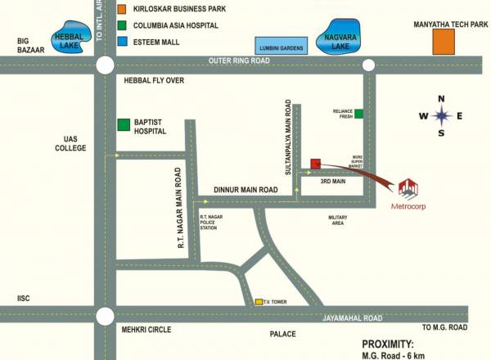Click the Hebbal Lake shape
(65, 38)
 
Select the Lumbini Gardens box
(280, 46)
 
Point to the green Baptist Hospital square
(123, 124)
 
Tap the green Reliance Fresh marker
(358, 113)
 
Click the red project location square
(315, 163)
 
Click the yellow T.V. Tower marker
(259, 302)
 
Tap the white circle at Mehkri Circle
(105, 316)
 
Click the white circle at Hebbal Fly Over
(105, 66)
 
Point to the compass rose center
(441, 115)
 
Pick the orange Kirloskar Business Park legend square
(122, 9)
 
